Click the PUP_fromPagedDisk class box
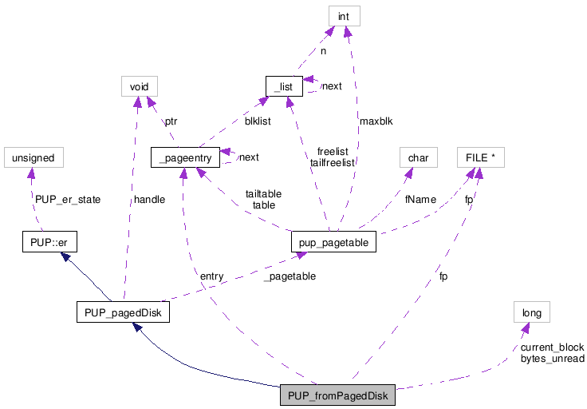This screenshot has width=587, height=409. pyautogui.click(x=337, y=397)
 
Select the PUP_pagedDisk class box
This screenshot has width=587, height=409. pyautogui.click(x=122, y=313)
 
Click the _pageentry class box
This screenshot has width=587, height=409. pyautogui.click(x=183, y=157)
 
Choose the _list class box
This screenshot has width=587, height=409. pyautogui.click(x=284, y=85)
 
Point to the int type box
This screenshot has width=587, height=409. pyautogui.click(x=344, y=15)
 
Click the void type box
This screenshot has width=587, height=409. pyautogui.click(x=139, y=85)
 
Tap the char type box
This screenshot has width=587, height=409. pyautogui.click(x=418, y=157)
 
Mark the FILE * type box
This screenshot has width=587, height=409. pyautogui.click(x=480, y=157)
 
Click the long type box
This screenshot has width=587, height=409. pyautogui.click(x=531, y=313)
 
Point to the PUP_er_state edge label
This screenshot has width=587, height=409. pyautogui.click(x=67, y=199)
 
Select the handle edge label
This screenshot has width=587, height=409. pyautogui.click(x=149, y=199)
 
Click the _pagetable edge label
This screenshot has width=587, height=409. pyautogui.click(x=290, y=276)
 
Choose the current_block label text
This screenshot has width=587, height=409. pyautogui.click(x=552, y=347)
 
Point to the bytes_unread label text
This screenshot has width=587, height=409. pyautogui.click(x=552, y=359)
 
